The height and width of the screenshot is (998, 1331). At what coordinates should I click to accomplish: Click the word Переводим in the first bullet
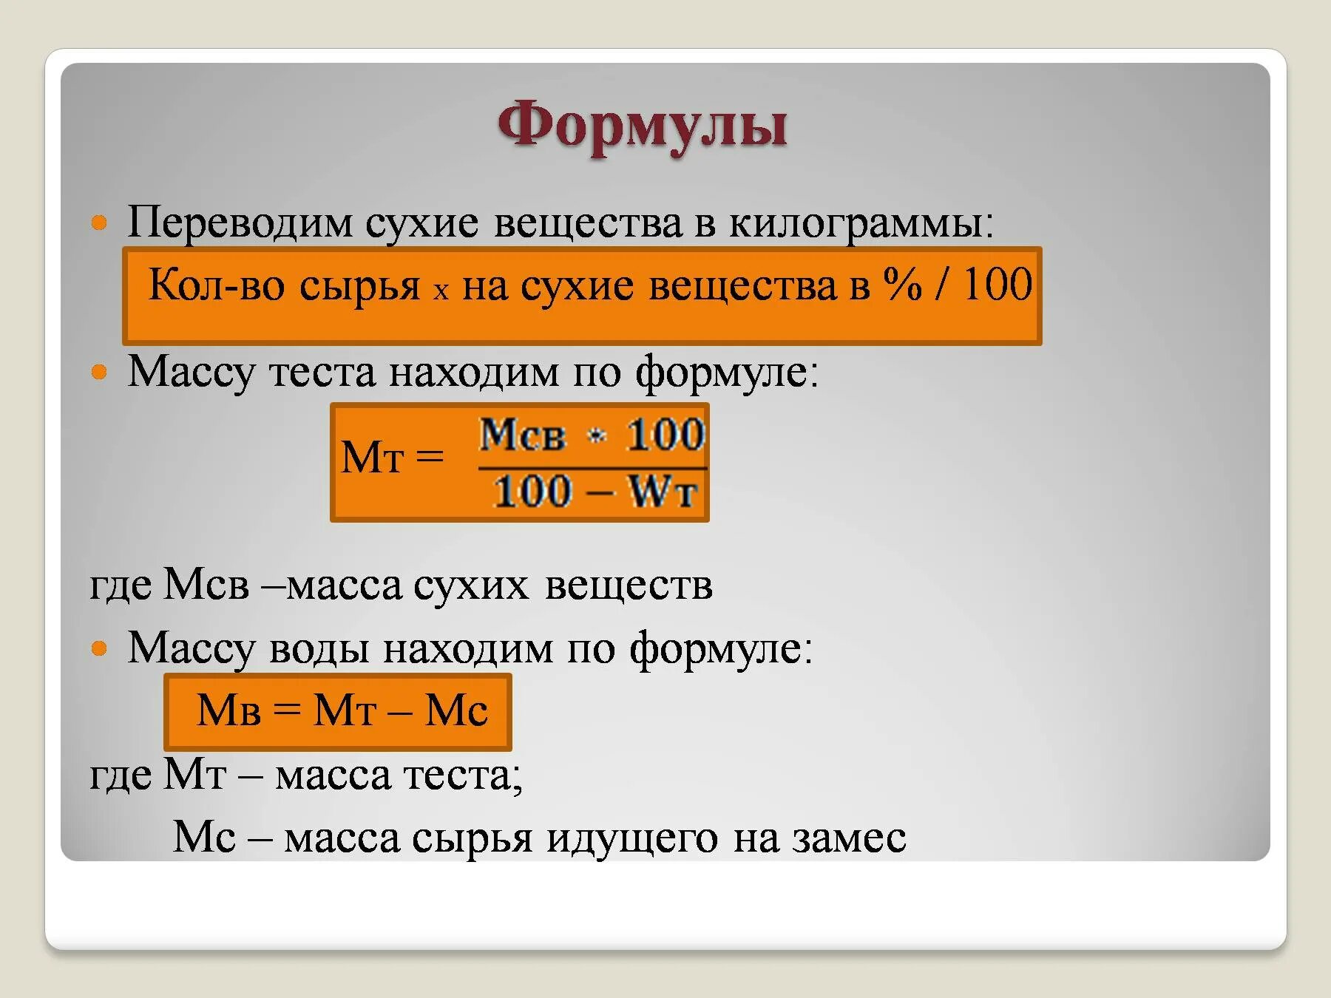240,222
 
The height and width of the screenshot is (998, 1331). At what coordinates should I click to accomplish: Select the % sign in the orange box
903,285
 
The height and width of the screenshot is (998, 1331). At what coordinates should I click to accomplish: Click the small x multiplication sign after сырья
441,291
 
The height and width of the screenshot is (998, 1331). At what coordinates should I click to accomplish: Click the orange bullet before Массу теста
99,372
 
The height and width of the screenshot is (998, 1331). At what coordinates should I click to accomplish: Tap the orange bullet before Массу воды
99,649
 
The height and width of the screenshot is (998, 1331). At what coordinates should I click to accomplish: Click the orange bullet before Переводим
99,223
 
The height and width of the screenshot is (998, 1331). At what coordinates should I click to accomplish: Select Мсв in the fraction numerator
522,435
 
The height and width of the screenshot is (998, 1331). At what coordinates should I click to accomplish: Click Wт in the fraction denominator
663,492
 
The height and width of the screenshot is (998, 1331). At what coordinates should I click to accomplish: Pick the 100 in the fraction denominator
532,492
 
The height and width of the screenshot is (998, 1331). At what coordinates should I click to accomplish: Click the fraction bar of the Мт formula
592,467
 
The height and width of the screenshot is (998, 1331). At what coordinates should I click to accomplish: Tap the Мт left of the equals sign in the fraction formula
372,458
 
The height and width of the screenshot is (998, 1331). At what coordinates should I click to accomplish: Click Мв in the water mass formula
228,711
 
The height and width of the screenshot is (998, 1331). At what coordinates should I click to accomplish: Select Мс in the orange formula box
456,711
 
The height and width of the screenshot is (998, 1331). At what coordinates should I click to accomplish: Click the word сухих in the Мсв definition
471,585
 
